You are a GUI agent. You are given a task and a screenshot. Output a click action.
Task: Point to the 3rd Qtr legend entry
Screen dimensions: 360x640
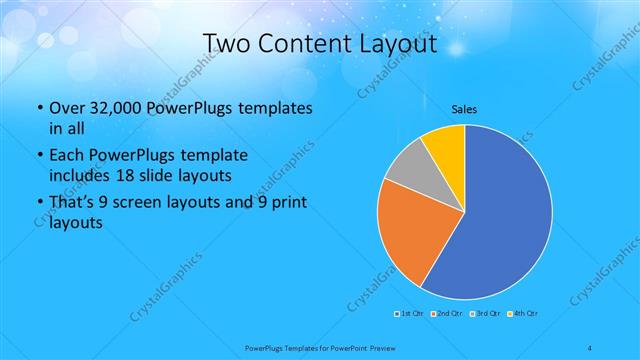pyautogui.click(x=487, y=314)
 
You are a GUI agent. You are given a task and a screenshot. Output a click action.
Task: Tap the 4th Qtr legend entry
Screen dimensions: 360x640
pyautogui.click(x=526, y=314)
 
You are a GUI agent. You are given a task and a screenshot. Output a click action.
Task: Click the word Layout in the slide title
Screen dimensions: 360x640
pyautogui.click(x=400, y=45)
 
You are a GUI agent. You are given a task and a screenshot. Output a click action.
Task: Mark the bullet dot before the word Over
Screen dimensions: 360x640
pyautogui.click(x=39, y=108)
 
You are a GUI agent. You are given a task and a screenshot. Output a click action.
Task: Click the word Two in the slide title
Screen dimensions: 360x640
pyautogui.click(x=227, y=45)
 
